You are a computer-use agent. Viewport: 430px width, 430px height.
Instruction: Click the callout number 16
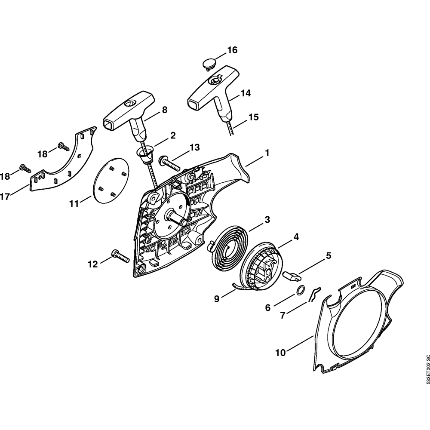[232, 50]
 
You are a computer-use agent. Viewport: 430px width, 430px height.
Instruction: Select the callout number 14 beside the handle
[246, 93]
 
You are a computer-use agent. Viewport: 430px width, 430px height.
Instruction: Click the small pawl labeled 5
[292, 274]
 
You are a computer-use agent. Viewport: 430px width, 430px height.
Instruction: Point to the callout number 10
[280, 353]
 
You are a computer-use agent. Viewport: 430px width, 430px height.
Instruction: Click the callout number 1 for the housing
[267, 153]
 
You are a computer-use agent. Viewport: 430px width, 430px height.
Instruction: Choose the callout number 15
[254, 117]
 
